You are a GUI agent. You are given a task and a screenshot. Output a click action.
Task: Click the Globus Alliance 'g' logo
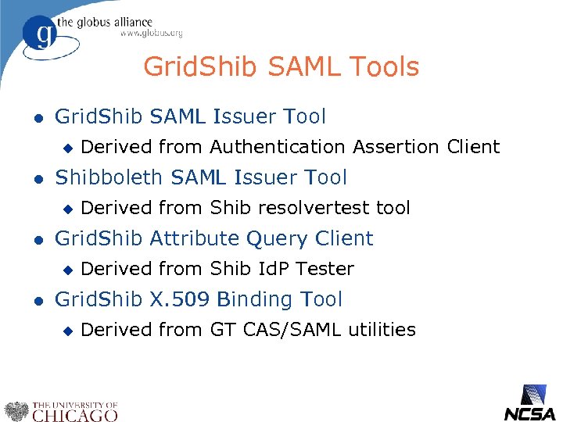pyautogui.click(x=40, y=36)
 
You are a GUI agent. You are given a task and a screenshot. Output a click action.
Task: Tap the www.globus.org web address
pyautogui.click(x=151, y=34)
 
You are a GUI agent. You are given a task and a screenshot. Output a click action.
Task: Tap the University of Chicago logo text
pyautogui.click(x=74, y=411)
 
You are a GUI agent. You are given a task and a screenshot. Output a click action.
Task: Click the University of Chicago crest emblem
pyautogui.click(x=16, y=411)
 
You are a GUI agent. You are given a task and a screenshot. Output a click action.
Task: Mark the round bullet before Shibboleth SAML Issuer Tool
pyautogui.click(x=28, y=178)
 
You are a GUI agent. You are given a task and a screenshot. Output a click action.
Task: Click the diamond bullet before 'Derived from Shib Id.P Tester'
pyautogui.click(x=66, y=270)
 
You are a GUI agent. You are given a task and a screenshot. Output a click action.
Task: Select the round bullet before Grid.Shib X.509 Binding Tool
pyautogui.click(x=28, y=300)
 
